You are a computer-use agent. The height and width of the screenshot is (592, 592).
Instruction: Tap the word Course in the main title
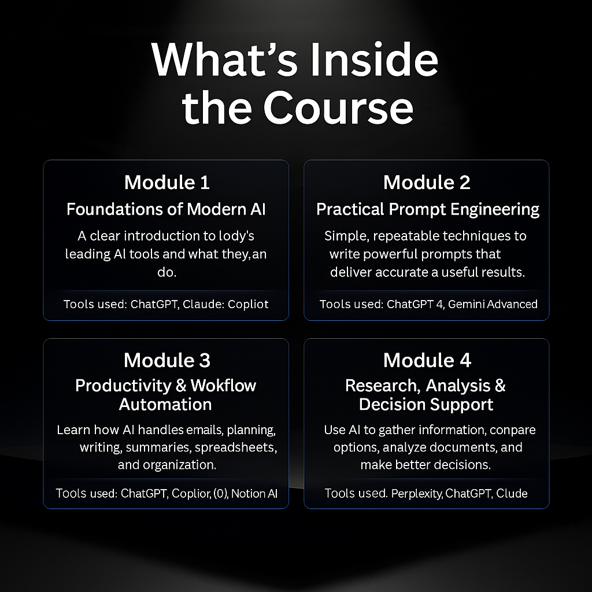(x=338, y=108)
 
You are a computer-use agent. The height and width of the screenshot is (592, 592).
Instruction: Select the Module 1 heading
(x=166, y=183)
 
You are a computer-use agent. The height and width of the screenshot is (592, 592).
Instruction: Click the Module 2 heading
(x=427, y=183)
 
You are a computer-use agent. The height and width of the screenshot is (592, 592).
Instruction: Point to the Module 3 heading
(x=166, y=361)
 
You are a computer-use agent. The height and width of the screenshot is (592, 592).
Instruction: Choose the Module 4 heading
(x=427, y=361)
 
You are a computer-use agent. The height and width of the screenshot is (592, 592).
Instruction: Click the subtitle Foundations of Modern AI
(x=166, y=209)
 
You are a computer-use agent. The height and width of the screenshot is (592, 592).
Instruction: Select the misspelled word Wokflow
(x=223, y=386)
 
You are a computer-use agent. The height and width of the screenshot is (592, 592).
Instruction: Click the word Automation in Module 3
(x=165, y=404)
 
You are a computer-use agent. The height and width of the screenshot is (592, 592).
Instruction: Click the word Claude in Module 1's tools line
(x=203, y=304)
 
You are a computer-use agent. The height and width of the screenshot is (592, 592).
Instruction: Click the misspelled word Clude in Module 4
(x=511, y=494)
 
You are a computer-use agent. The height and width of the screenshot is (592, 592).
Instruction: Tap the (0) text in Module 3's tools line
(x=217, y=494)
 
